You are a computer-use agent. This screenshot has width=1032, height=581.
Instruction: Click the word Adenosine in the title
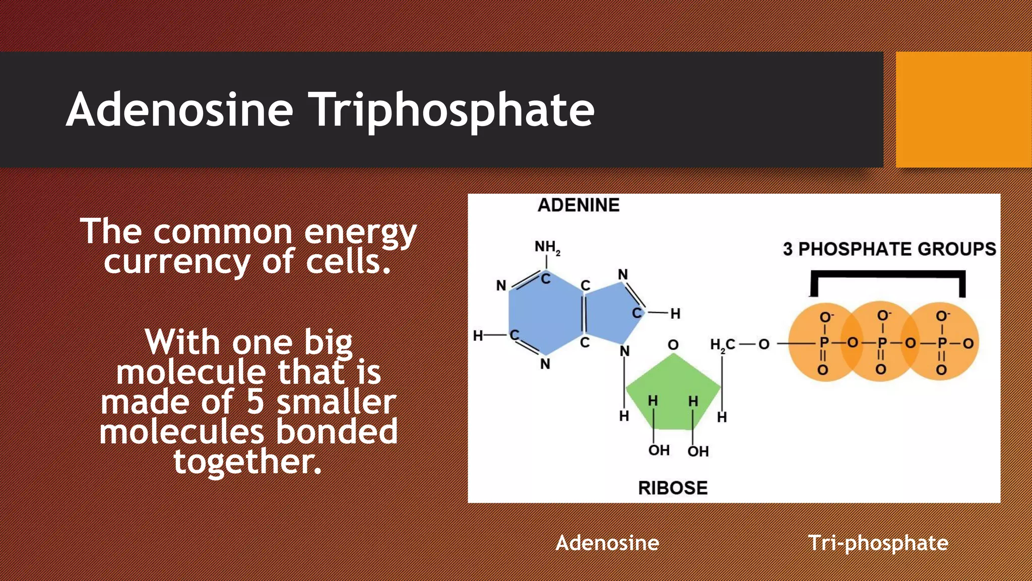pyautogui.click(x=179, y=110)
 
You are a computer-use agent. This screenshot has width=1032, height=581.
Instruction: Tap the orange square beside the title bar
pyautogui.click(x=963, y=109)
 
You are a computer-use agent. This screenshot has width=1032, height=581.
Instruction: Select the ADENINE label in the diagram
pyautogui.click(x=578, y=205)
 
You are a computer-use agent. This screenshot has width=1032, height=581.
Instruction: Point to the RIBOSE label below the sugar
pyautogui.click(x=673, y=488)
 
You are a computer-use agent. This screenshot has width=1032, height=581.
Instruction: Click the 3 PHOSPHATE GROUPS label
pyautogui.click(x=889, y=249)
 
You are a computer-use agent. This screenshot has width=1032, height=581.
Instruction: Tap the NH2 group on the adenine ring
pyautogui.click(x=547, y=247)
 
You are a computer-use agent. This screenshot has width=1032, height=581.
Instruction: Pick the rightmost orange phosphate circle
pyautogui.click(x=947, y=343)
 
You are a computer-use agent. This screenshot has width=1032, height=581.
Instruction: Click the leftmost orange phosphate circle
pyautogui.click(x=819, y=343)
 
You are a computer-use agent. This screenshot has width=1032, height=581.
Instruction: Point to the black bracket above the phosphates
pyautogui.click(x=888, y=275)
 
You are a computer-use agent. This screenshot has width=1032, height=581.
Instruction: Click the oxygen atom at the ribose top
pyautogui.click(x=673, y=345)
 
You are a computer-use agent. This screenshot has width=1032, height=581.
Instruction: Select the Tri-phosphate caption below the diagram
pyautogui.click(x=878, y=543)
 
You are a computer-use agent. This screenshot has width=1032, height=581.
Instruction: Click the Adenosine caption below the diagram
pyautogui.click(x=607, y=543)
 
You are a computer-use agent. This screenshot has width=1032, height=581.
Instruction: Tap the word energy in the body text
pyautogui.click(x=360, y=232)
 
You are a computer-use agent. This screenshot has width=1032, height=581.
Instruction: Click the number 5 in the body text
pyautogui.click(x=255, y=402)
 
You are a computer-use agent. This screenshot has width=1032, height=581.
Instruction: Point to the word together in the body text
pyautogui.click(x=247, y=461)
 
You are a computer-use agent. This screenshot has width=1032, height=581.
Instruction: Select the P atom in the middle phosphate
pyautogui.click(x=882, y=343)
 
